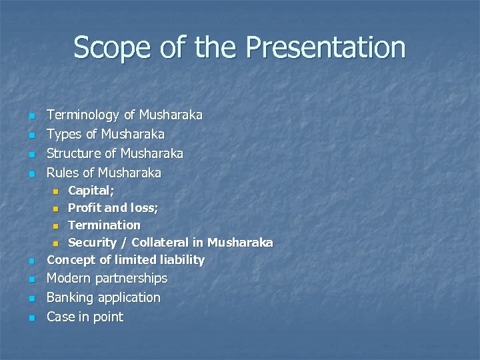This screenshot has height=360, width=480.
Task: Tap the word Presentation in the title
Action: pyautogui.click(x=325, y=48)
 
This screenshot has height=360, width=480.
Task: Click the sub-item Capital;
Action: pyautogui.click(x=91, y=191)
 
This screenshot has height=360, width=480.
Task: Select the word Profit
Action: pyautogui.click(x=85, y=208)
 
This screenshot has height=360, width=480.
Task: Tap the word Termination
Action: pyautogui.click(x=105, y=225)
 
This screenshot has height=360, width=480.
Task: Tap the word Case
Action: pyautogui.click(x=60, y=317)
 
